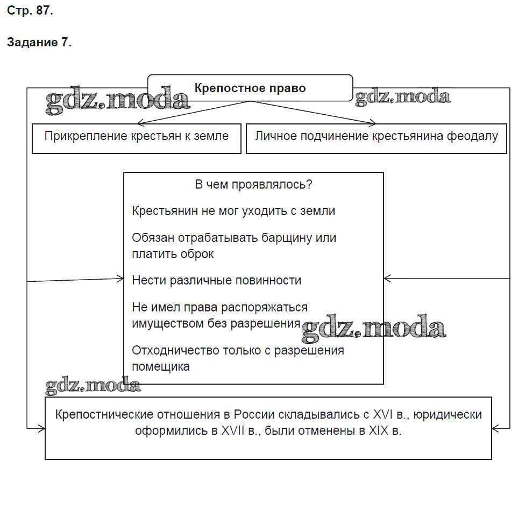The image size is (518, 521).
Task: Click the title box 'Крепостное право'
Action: (250, 88)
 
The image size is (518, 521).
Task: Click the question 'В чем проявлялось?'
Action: (253, 184)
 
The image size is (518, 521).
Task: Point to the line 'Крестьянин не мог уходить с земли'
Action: (233, 211)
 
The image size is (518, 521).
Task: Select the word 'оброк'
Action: (197, 254)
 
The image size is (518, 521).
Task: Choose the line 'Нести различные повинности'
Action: (216, 280)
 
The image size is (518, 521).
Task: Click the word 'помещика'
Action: (161, 367)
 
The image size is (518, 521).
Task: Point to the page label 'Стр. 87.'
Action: (30, 11)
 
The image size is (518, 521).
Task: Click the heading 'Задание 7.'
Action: (39, 43)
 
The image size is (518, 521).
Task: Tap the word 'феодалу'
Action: (472, 136)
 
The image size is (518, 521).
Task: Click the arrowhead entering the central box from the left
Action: (120, 279)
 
